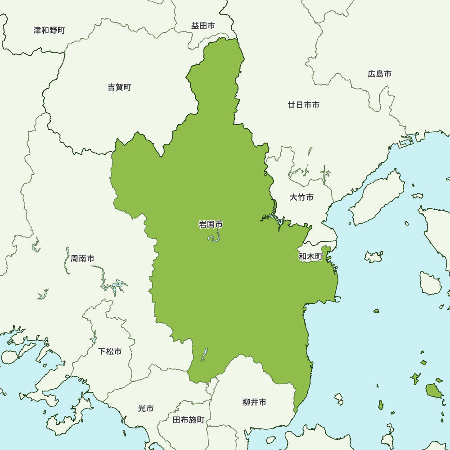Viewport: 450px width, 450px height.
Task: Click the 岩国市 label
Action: coord(211,224)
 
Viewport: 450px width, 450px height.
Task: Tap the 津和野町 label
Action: coord(49,31)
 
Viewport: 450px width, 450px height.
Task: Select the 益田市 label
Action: coord(203,26)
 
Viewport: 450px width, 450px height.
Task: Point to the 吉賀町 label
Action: coord(120,87)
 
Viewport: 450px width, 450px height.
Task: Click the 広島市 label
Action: coord(379,74)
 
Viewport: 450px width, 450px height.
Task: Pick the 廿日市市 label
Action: coord(304,105)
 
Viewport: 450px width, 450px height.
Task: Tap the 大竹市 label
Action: coord(301,197)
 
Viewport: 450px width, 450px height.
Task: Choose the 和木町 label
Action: coord(311,256)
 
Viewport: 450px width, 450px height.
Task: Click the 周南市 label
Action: coord(82,259)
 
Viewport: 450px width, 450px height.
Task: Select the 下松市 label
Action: coord(110,351)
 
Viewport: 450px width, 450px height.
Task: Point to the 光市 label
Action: coord(146,409)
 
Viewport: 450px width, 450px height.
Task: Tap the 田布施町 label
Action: coord(189,420)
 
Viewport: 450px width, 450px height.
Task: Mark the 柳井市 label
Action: coord(254,402)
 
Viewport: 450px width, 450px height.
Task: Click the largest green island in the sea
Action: coord(433,391)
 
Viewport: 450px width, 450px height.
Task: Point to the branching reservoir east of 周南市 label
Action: coord(112,283)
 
